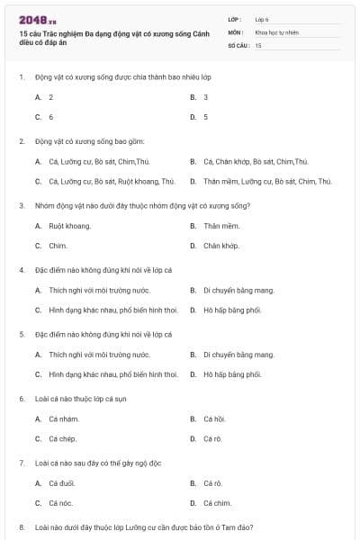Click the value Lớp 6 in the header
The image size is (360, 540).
click(x=262, y=19)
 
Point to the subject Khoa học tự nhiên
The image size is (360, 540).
click(x=276, y=31)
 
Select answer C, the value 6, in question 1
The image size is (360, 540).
click(x=51, y=117)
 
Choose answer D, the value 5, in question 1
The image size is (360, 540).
click(x=206, y=117)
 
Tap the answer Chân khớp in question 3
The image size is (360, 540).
click(x=220, y=245)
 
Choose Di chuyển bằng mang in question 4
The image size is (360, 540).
click(x=238, y=291)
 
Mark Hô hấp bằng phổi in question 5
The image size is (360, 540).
click(x=232, y=374)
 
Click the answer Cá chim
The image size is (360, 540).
click(x=217, y=503)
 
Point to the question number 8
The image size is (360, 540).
click(x=22, y=526)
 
